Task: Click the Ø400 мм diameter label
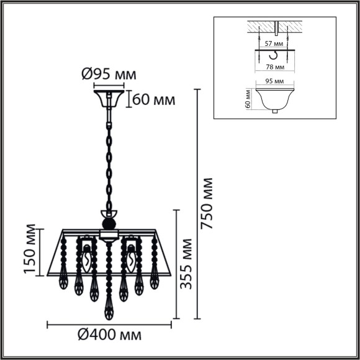109,336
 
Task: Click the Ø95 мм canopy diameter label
109,74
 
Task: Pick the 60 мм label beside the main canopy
153,99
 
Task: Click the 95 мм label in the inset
274,81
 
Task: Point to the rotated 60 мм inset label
248,98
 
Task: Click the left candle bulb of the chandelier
87,258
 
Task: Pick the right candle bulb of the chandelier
132,258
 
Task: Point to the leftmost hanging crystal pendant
63,282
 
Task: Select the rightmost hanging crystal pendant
155,282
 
